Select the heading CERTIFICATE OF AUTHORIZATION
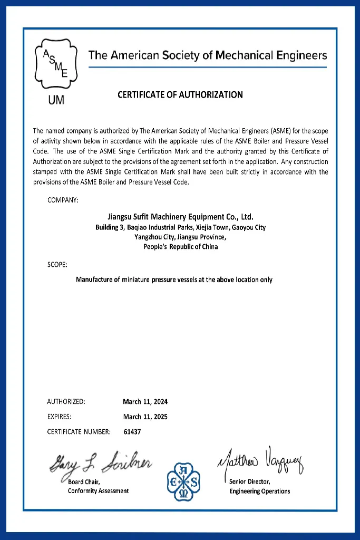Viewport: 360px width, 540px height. (x=180, y=95)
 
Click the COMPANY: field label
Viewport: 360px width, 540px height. (x=63, y=200)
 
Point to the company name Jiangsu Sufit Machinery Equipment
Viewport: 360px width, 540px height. (x=180, y=216)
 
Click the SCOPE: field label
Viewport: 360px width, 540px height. (x=57, y=264)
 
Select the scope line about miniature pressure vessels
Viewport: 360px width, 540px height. (x=174, y=279)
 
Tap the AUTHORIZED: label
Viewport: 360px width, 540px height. (x=66, y=401)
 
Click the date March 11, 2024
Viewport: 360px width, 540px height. (x=145, y=401)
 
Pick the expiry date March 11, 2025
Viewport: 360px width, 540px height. (x=145, y=417)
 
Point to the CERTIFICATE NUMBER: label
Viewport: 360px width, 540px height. (x=79, y=432)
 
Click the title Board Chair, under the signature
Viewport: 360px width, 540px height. (x=84, y=481)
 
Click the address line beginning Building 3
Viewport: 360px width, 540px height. (x=180, y=227)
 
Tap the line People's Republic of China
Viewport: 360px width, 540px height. (x=180, y=246)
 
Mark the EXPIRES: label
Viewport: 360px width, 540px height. (x=59, y=417)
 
